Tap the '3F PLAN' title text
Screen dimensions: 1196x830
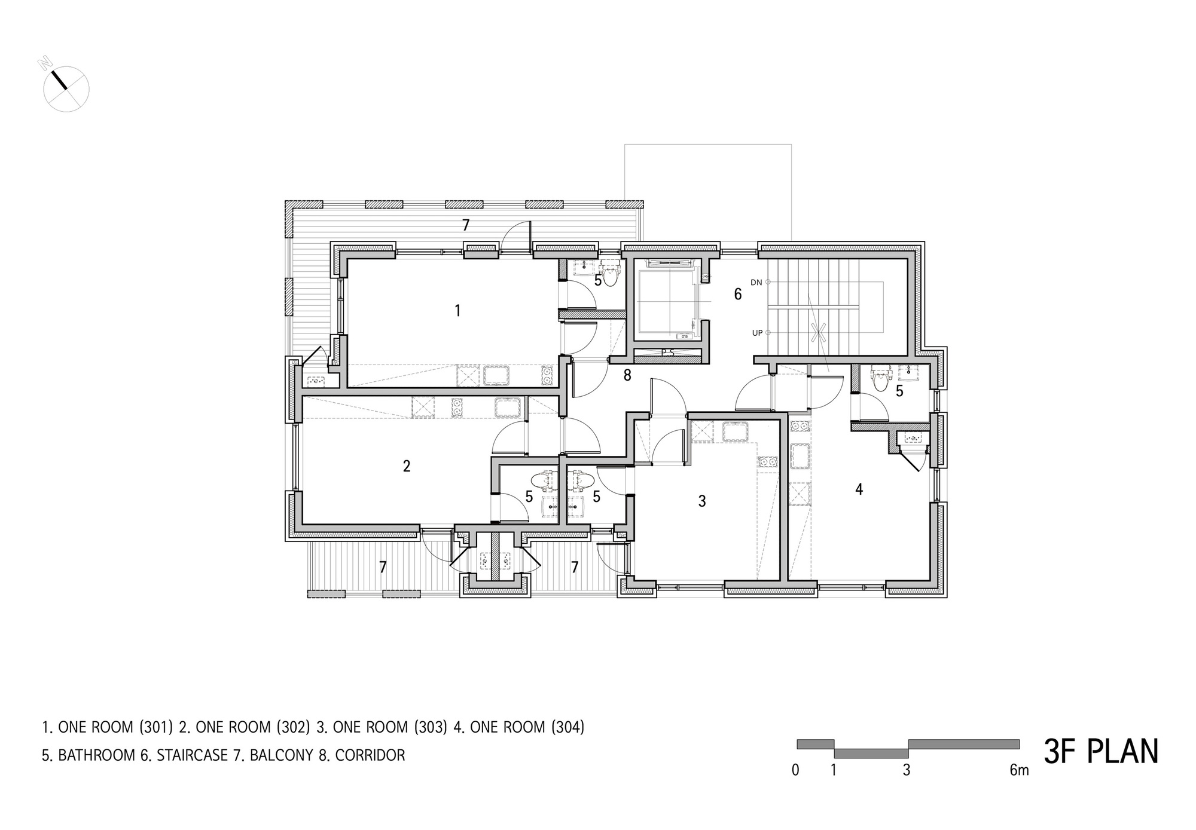(1101, 752)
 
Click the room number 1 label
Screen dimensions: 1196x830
(457, 311)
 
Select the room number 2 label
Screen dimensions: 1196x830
(407, 466)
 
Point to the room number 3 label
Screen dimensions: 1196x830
(702, 501)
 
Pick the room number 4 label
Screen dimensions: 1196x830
(859, 489)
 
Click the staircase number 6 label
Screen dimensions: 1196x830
(738, 294)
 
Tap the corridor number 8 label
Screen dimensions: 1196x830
(627, 375)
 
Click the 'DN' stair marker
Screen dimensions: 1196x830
(756, 283)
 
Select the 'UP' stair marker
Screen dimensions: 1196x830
(757, 333)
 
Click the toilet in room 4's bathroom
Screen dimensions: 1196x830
(880, 379)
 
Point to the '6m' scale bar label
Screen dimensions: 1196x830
(1019, 770)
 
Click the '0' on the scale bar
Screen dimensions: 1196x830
(795, 770)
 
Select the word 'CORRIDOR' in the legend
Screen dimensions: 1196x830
(370, 755)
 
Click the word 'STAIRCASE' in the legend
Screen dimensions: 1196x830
(192, 755)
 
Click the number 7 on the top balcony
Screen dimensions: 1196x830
(466, 225)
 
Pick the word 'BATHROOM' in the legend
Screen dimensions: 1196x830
(96, 755)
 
